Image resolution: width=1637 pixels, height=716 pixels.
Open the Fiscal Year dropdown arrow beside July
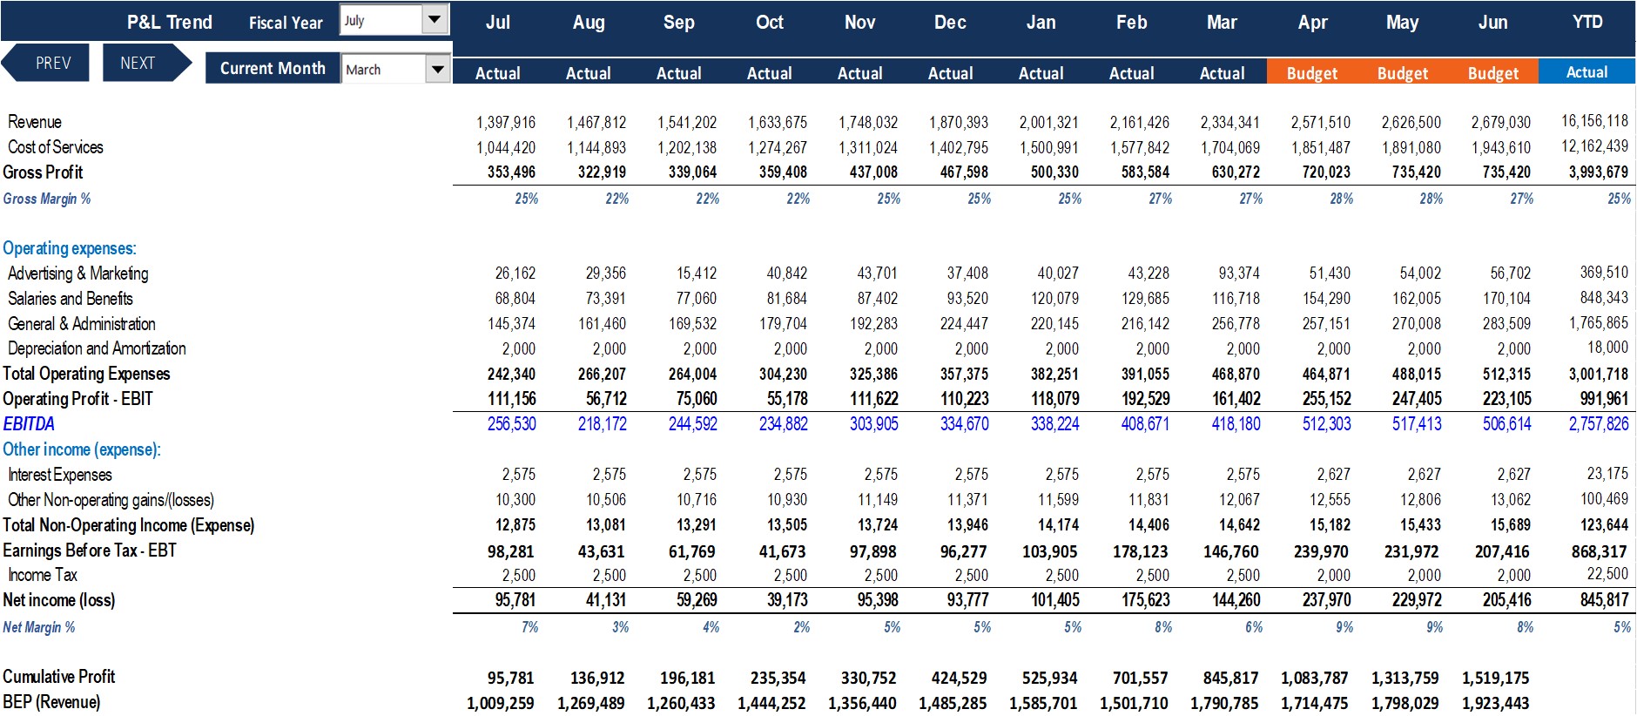point(435,19)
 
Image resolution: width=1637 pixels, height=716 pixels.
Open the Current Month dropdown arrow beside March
point(437,69)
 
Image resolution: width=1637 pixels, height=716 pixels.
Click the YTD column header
point(1586,22)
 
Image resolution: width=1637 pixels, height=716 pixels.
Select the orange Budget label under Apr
point(1312,73)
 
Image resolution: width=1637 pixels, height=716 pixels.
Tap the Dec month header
point(950,23)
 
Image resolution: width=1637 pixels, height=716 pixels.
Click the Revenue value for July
point(506,123)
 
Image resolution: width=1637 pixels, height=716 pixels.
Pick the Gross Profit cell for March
point(1236,172)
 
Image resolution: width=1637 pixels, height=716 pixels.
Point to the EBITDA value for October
point(784,424)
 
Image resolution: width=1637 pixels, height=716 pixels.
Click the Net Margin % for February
point(1163,627)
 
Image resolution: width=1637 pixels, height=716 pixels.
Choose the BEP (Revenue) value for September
point(681,703)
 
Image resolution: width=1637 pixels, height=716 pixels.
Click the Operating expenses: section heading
point(70,249)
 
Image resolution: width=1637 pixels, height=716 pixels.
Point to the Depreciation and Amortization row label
point(97,348)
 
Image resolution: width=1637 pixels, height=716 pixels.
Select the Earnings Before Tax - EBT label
point(90,551)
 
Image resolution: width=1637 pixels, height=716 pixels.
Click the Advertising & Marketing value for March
point(1239,274)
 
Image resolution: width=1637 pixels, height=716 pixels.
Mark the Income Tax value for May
point(1424,576)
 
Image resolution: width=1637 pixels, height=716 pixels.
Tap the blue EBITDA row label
point(29,424)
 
